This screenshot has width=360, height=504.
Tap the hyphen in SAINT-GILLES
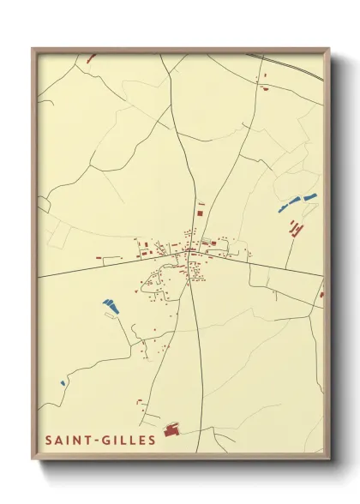(x=99, y=441)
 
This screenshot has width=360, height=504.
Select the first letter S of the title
(x=49, y=441)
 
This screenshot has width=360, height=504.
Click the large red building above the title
(x=171, y=429)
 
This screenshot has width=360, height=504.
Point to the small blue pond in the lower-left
(x=63, y=383)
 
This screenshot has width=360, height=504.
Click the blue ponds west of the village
(x=109, y=303)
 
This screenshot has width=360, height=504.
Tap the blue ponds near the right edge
(x=297, y=202)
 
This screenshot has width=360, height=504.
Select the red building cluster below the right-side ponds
(x=296, y=227)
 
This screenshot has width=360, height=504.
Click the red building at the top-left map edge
(x=91, y=58)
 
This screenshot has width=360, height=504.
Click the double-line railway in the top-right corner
(x=291, y=64)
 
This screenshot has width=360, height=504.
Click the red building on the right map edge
(x=321, y=294)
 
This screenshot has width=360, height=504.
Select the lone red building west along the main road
(x=101, y=257)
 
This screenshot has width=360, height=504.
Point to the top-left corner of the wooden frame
(x=33, y=49)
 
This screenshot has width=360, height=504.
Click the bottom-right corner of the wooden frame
(x=329, y=459)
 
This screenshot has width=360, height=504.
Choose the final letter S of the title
(x=152, y=441)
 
